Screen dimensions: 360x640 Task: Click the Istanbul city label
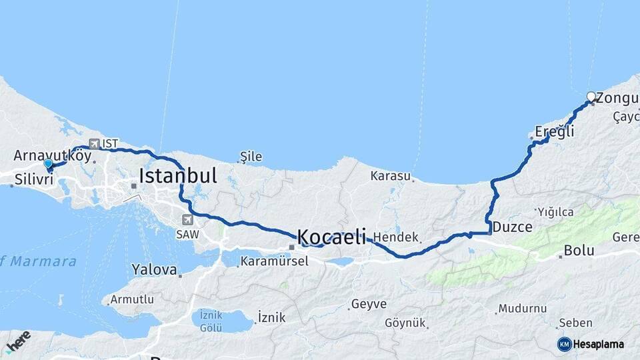(x=178, y=176)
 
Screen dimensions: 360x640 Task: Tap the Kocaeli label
(x=331, y=236)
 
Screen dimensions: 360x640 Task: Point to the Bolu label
(x=578, y=251)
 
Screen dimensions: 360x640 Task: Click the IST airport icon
(x=94, y=143)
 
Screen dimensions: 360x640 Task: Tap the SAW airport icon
(x=187, y=220)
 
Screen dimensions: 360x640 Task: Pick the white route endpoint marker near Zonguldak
(x=591, y=97)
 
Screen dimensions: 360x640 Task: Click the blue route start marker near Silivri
(x=48, y=163)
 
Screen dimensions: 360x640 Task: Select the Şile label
(x=251, y=157)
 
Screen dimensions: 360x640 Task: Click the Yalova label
(x=155, y=270)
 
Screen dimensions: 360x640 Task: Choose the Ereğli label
(x=555, y=131)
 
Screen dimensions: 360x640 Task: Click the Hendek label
(x=396, y=237)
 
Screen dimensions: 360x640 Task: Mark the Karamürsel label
(x=275, y=261)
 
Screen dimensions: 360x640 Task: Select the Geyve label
(x=368, y=304)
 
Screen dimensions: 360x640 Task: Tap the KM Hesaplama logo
(x=591, y=344)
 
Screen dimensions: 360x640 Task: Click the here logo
(x=17, y=341)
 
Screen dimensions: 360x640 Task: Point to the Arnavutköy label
(x=52, y=155)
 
